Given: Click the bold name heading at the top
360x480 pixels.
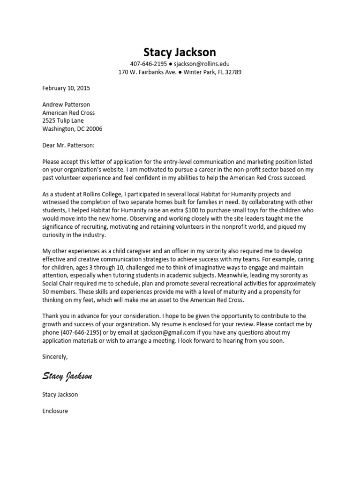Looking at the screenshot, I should tap(180, 52).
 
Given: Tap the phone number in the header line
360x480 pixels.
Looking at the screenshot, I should tap(149, 64).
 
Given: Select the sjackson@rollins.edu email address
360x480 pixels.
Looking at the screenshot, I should tap(202, 64).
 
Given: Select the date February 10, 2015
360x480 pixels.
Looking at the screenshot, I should tap(66, 88).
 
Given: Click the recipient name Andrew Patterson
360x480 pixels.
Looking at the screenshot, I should tap(66, 105).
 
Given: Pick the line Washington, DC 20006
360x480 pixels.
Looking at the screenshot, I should tap(72, 129).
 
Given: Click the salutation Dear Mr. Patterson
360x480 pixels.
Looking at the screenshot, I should tap(68, 146).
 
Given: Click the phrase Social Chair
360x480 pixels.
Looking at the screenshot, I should tap(58, 284).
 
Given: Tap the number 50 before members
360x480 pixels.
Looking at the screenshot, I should tap(46, 292).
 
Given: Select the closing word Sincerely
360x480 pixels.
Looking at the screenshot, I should tap(55, 357).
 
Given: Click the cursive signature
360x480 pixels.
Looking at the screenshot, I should tap(67, 375).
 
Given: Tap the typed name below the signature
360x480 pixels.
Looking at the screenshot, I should tap(60, 394).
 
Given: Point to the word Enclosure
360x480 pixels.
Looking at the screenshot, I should tap(55, 411).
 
